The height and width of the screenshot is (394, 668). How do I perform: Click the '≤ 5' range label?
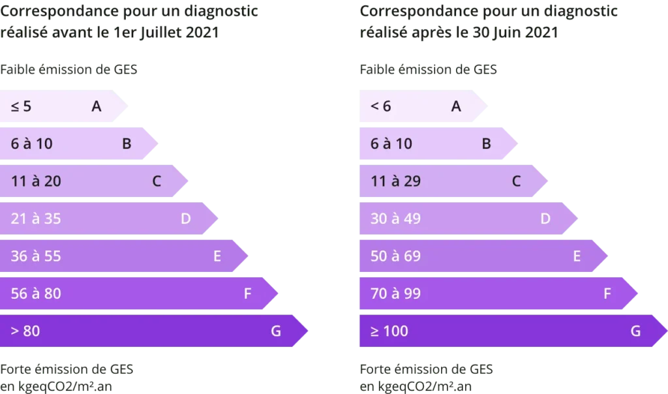(x=21, y=106)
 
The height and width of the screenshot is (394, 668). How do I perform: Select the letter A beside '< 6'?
(x=456, y=106)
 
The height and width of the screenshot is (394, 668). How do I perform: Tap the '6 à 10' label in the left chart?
(x=31, y=144)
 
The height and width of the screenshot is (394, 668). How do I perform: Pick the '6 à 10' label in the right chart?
(x=391, y=144)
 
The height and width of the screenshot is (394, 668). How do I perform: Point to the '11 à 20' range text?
(x=36, y=181)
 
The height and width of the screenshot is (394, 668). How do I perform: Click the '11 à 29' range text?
(x=395, y=181)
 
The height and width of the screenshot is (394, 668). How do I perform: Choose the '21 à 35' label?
(x=36, y=219)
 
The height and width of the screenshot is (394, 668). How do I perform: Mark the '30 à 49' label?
(x=395, y=219)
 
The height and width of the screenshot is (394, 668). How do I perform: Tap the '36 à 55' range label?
(x=36, y=256)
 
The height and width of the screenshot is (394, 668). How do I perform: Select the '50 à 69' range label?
(x=395, y=256)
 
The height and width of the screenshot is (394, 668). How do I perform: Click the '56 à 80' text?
(x=36, y=294)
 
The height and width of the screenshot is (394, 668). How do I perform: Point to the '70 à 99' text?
(x=395, y=294)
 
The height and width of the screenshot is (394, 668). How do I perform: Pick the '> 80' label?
(x=25, y=331)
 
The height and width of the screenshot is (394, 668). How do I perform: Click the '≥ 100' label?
(x=389, y=331)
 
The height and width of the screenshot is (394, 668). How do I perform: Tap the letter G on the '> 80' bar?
(x=276, y=331)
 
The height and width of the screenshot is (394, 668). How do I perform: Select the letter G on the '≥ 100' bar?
(x=635, y=331)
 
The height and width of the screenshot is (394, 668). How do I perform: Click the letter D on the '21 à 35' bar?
(x=185, y=219)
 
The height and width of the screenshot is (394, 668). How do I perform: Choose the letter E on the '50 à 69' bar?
(x=577, y=256)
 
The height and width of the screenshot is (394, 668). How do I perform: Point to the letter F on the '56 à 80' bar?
(x=247, y=294)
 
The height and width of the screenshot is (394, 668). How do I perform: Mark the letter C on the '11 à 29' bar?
(x=516, y=181)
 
